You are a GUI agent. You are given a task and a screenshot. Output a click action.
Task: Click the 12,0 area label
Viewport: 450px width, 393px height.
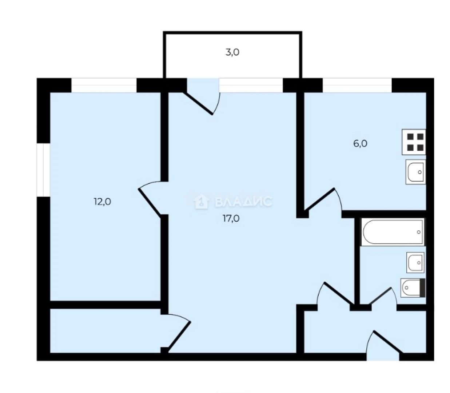pyautogui.click(x=102, y=202)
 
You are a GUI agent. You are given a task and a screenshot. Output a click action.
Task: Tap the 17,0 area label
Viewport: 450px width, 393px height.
pyautogui.click(x=231, y=219)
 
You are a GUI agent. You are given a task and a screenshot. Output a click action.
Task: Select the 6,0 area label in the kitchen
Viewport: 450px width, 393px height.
pyautogui.click(x=360, y=144)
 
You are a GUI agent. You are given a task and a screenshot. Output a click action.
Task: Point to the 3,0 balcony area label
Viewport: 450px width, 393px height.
pyautogui.click(x=232, y=52)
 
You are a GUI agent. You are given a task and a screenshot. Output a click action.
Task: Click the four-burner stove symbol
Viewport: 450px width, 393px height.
pyautogui.click(x=414, y=142)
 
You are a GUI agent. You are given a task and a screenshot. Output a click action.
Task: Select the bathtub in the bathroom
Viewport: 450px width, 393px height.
pyautogui.click(x=393, y=232)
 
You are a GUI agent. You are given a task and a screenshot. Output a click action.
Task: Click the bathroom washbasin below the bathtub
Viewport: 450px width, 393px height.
pyautogui.click(x=415, y=263)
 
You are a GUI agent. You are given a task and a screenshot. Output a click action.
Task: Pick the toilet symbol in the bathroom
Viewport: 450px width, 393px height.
pyautogui.click(x=413, y=288)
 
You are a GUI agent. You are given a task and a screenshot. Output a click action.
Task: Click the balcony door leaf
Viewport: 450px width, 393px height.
pyautogui.click(x=198, y=103)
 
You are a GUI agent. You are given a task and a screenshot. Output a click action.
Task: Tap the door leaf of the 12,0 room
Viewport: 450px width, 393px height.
pyautogui.click(x=150, y=202)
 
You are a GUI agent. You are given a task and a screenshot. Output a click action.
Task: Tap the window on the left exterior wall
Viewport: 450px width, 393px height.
pyautogui.click(x=43, y=170)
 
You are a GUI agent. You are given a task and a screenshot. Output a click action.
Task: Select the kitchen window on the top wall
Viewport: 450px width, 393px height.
pyautogui.click(x=357, y=85)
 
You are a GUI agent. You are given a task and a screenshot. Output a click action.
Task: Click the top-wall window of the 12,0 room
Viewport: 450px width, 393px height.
pyautogui.click(x=104, y=85)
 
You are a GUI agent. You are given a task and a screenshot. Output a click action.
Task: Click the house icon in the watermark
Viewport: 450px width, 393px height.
pyautogui.click(x=201, y=202)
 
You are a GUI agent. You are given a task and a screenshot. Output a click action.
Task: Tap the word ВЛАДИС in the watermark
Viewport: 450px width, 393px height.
pyautogui.click(x=243, y=202)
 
